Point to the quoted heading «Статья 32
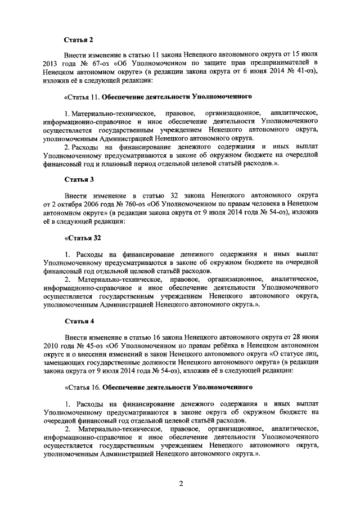click(x=82, y=237)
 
